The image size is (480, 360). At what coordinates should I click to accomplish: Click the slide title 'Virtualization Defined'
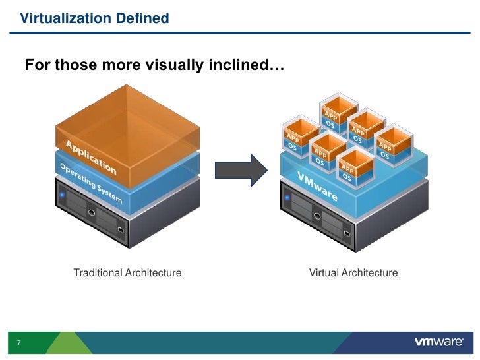pyautogui.click(x=94, y=18)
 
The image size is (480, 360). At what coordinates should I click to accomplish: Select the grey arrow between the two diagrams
pyautogui.click(x=241, y=169)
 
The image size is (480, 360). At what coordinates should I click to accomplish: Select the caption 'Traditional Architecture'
pyautogui.click(x=127, y=272)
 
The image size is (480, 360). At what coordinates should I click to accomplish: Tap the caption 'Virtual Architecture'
pyautogui.click(x=353, y=272)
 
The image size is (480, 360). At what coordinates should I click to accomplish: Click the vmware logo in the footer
pyautogui.click(x=441, y=343)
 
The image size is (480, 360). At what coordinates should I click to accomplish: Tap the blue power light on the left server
pyautogui.click(x=63, y=195)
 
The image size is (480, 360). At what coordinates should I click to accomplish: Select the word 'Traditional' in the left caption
pyautogui.click(x=97, y=272)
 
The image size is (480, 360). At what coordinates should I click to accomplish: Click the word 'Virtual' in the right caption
pyautogui.click(x=323, y=272)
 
